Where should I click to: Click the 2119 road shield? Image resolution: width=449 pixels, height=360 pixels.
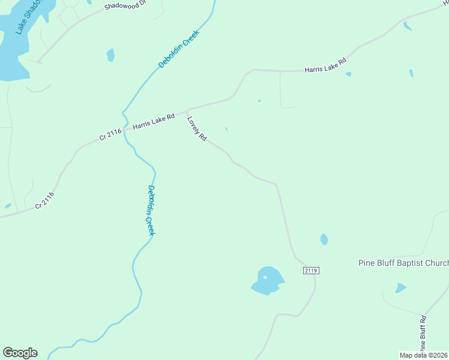click(x=310, y=271)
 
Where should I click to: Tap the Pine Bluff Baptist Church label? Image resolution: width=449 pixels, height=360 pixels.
click(x=403, y=263)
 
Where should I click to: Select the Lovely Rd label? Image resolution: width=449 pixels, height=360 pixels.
click(x=197, y=128)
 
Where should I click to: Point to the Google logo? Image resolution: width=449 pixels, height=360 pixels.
click(x=20, y=353)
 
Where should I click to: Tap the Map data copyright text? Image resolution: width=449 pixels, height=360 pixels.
click(x=424, y=355)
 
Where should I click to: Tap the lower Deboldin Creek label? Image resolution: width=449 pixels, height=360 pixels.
click(x=151, y=210)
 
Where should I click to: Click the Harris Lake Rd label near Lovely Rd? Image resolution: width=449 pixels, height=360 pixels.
click(x=153, y=121)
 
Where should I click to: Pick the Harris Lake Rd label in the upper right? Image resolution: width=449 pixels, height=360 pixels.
click(x=325, y=65)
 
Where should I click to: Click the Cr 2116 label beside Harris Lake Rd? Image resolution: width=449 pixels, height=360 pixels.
click(x=111, y=135)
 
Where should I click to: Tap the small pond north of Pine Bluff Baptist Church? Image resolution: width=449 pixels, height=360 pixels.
click(x=324, y=239)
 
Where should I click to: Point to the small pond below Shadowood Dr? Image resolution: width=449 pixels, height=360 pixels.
click(x=110, y=55)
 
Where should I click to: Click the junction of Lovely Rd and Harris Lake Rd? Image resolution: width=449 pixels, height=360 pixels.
click(x=188, y=110)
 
